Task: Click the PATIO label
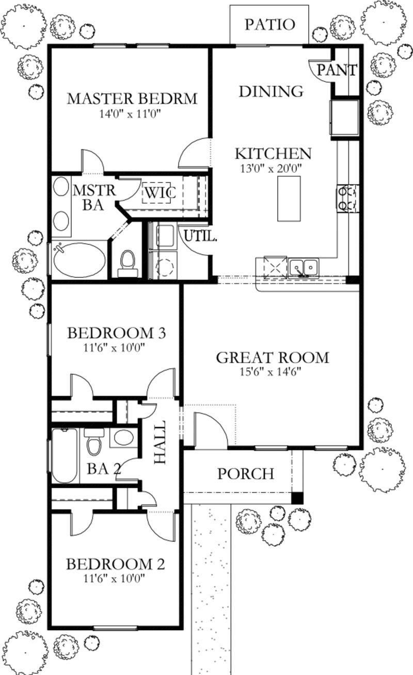click(x=269, y=24)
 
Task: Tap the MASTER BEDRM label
click(x=132, y=98)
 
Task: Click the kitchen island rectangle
click(x=289, y=199)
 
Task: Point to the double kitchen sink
click(x=304, y=267)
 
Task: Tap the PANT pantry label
click(x=337, y=70)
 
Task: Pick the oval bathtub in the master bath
click(x=78, y=261)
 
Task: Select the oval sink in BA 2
click(x=122, y=438)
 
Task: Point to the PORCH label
click(x=245, y=473)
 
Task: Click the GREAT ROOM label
click(x=272, y=357)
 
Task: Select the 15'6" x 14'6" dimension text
click(x=272, y=371)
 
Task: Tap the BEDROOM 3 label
click(x=116, y=333)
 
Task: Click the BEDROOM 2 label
click(x=115, y=564)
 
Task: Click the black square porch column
click(x=297, y=498)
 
